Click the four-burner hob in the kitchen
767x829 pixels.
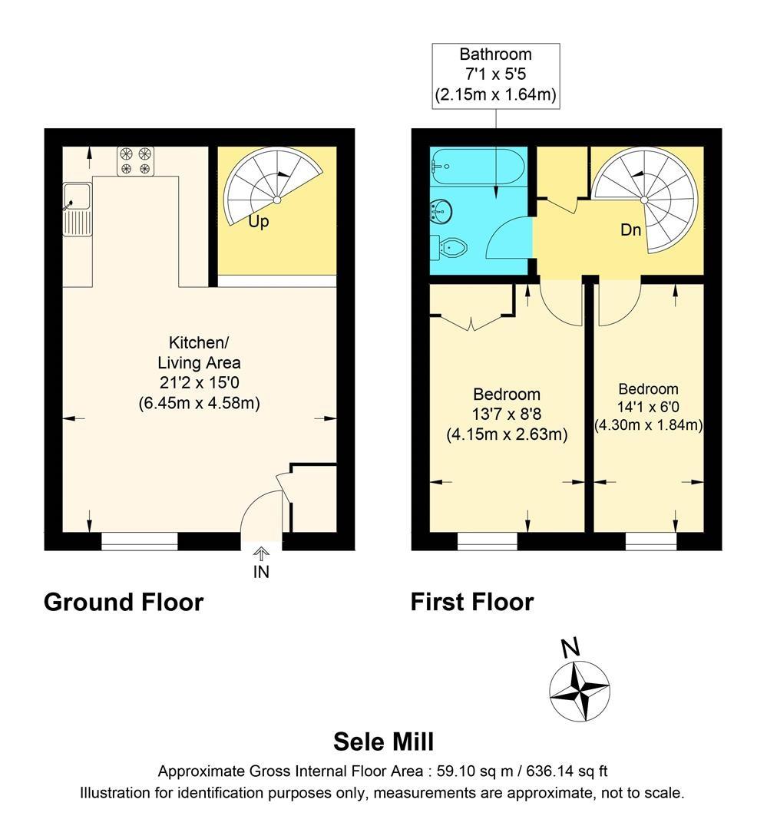pos(135,161)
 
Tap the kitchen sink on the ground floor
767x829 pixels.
pos(78,209)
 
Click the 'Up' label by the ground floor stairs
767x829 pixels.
pos(259,222)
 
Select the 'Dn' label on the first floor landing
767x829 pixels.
pos(630,230)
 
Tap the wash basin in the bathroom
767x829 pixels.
pos(441,212)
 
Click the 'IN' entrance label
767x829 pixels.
pos(261,572)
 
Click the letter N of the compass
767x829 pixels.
pos(570,648)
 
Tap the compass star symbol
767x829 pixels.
pos(580,691)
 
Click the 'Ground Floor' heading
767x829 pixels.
pos(124,603)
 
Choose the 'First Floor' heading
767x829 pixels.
pos(472,603)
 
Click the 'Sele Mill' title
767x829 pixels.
pos(384,741)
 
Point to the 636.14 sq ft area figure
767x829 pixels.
pos(567,771)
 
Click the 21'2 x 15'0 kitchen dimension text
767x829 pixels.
pos(200,383)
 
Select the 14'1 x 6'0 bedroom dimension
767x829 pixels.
pos(649,407)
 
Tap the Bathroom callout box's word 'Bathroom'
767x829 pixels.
pos(496,54)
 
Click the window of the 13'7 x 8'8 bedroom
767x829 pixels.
pos(488,541)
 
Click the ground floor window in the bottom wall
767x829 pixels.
pos(140,541)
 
